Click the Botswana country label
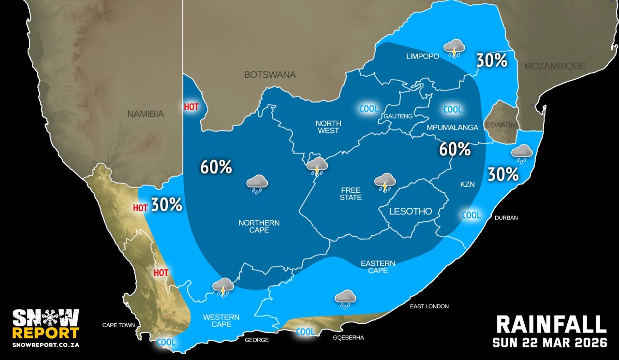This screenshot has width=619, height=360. click(x=269, y=75)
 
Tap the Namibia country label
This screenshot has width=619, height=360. click(x=146, y=114)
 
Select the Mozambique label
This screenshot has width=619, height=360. click(x=555, y=66)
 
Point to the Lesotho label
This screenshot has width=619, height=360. click(x=411, y=211)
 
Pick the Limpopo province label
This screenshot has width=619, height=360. click(x=422, y=56)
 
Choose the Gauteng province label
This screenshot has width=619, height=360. click(x=398, y=116)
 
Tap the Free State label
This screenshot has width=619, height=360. click(x=351, y=194)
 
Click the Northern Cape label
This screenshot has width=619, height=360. click(x=259, y=226)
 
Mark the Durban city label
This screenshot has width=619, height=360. click(x=506, y=218)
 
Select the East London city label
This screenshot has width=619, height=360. click(x=429, y=306)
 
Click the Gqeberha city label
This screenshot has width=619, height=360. click(x=349, y=338)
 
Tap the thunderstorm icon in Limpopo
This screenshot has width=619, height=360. click(x=454, y=48)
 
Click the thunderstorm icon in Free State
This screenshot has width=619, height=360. click(x=385, y=182)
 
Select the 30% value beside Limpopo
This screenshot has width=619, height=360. click(x=491, y=60)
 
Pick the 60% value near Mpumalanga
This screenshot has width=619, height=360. click(x=455, y=149)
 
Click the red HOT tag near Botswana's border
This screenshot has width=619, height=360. click(x=192, y=107)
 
